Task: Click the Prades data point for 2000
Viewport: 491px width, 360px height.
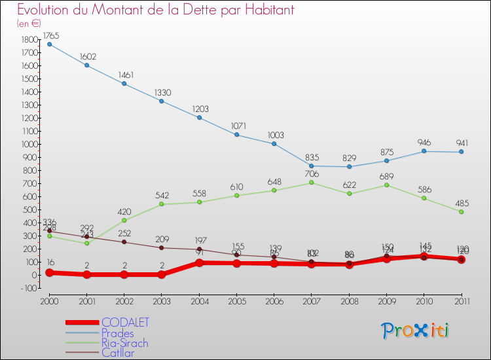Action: tap(49, 45)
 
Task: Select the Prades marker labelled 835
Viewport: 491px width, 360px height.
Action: tap(312, 166)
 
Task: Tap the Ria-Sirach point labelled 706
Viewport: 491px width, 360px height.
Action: tap(312, 183)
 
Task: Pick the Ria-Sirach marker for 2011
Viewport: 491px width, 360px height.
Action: tap(462, 211)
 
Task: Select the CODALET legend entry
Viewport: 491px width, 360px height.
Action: tap(125, 322)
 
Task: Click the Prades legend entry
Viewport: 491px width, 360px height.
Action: tap(118, 333)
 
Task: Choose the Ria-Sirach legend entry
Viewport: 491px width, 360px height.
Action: tap(124, 343)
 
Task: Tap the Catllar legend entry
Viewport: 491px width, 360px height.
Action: tap(118, 353)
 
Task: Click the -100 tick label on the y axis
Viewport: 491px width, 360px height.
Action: tap(28, 289)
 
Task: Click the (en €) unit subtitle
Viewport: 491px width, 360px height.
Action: tap(29, 23)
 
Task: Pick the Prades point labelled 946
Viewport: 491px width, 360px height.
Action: tap(424, 151)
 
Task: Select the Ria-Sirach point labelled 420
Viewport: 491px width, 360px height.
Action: tap(124, 220)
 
